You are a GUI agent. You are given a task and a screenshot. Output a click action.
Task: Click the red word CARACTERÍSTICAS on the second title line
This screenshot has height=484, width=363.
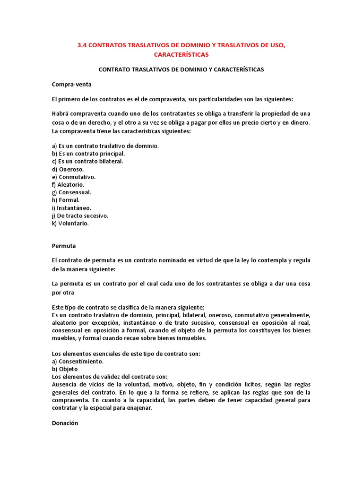181,55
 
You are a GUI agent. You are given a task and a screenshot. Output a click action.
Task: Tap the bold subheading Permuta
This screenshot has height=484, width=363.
64,246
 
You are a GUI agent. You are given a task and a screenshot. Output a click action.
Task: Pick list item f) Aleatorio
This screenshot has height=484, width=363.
68,185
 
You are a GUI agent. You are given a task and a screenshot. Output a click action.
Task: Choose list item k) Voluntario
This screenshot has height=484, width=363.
70,223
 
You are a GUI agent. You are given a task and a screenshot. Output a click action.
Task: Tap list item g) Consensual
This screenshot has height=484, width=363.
71,192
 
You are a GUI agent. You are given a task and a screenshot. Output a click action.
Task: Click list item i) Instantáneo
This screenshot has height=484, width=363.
71,208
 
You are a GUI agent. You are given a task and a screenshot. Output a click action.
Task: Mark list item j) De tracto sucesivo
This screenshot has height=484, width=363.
80,216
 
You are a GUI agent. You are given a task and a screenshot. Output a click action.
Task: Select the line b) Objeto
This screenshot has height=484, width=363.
65,369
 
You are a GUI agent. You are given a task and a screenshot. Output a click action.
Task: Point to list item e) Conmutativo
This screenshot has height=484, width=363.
74,177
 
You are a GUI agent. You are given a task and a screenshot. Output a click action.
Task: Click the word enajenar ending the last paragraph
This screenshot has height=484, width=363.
139,408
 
